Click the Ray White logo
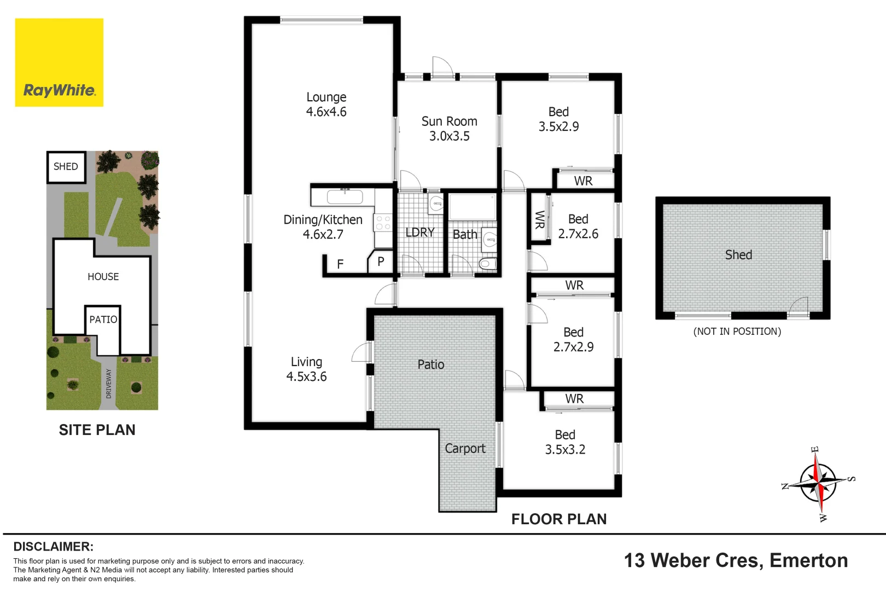[x=59, y=62]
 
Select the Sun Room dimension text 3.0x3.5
[x=449, y=136]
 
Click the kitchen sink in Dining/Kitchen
[x=345, y=196]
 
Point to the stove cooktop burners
[x=383, y=223]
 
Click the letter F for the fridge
[x=340, y=264]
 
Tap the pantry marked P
[x=381, y=262]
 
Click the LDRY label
[x=419, y=233]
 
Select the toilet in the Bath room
[x=487, y=264]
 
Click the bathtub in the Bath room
[x=472, y=207]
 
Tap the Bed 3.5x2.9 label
[x=558, y=119]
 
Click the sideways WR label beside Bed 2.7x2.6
[x=540, y=219]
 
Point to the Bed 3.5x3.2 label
[x=565, y=442]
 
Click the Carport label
[x=465, y=449]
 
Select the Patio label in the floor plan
[x=430, y=364]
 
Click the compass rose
[x=818, y=483]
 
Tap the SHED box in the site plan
[x=66, y=167]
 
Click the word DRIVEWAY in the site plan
[x=108, y=383]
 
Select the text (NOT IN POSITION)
[x=737, y=332]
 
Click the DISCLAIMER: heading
[x=53, y=547]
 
